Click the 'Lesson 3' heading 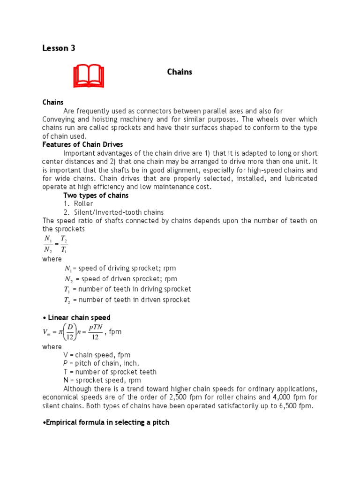tap(59, 48)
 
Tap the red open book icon tap(89, 76)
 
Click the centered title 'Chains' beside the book tap(180, 72)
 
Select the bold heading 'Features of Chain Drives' tap(82, 144)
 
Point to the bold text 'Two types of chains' tap(96, 195)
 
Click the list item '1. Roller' tap(78, 203)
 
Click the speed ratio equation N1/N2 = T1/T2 tap(55, 245)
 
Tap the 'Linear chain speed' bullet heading tap(76, 318)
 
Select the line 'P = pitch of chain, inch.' tap(101, 363)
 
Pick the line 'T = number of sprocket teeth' tap(110, 372)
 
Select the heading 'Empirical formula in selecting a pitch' tap(106, 422)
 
